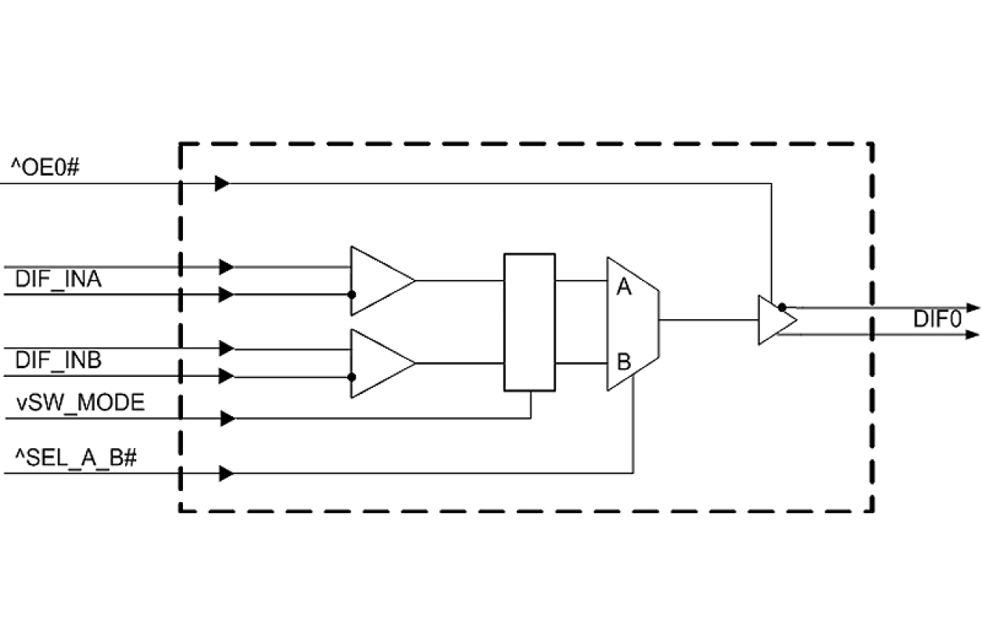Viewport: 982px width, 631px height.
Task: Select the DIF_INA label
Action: point(58,280)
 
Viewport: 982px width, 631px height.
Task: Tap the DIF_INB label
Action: point(58,360)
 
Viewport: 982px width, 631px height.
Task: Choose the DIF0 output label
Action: point(937,320)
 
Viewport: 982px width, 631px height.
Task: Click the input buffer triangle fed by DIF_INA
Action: point(377,281)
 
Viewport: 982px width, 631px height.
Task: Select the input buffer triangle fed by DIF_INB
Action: point(377,363)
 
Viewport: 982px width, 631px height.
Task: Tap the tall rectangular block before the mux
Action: point(529,321)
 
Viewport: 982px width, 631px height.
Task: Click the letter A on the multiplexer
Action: point(623,288)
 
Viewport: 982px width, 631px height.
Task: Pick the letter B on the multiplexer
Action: point(623,362)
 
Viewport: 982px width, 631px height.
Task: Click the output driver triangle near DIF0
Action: point(774,320)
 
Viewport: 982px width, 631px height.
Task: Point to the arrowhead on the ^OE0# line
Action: point(222,184)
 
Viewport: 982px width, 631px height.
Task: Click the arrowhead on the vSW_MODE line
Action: point(228,419)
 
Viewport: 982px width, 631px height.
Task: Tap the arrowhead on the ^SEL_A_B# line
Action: point(228,473)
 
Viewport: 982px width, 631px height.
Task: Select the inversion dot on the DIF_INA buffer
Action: point(352,295)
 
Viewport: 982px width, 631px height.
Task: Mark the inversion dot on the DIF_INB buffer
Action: point(352,377)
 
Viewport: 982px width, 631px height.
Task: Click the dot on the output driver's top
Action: point(782,307)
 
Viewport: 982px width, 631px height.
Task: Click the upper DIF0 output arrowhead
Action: point(973,307)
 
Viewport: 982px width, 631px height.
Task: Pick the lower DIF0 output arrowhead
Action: point(973,335)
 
